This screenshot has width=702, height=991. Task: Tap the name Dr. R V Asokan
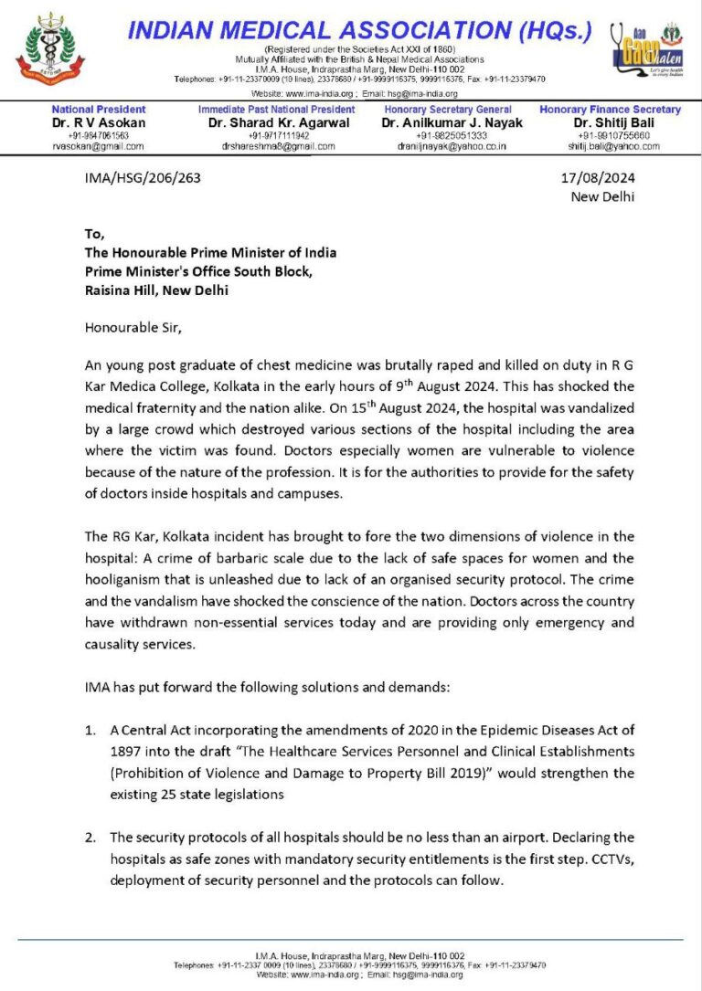point(98,122)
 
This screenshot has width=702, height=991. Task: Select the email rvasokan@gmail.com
point(98,145)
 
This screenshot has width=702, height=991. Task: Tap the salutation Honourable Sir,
point(128,326)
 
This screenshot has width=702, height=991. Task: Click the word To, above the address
point(95,233)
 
